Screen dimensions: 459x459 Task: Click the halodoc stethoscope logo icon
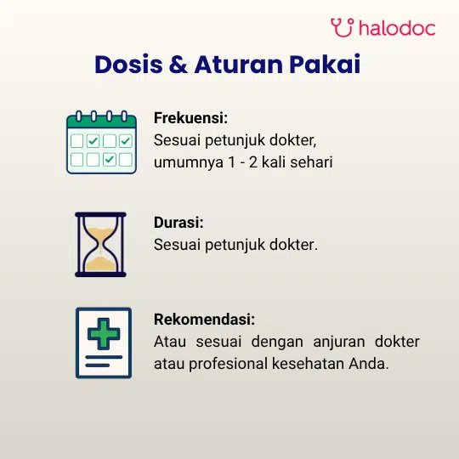coord(343,27)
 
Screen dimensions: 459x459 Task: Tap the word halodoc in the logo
coord(397,28)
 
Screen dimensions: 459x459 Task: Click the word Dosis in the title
coord(128,64)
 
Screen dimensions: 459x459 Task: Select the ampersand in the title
coord(178,64)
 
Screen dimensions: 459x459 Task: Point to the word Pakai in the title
coord(325,64)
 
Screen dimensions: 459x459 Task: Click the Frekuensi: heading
coord(190,118)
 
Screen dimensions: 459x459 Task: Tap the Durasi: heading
coord(178,223)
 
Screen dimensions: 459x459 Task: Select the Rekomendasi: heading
coord(204,319)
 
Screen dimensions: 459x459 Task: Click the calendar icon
coord(102,142)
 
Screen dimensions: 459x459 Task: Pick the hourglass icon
coord(100,245)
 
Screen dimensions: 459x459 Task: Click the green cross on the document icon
coord(104,334)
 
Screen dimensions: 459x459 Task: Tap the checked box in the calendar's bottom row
coord(110,160)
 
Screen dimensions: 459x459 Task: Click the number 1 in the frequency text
coord(232,162)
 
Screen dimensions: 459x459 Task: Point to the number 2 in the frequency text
coord(253,162)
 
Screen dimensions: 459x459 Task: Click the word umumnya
coord(189,162)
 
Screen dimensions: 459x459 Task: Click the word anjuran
coord(339,343)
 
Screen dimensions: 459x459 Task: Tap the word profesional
coord(229,365)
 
